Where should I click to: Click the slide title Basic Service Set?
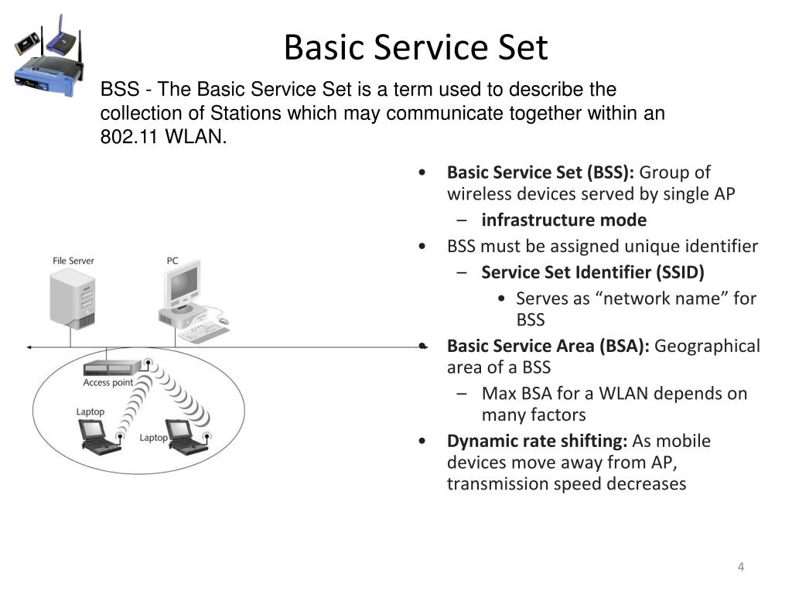pos(415,47)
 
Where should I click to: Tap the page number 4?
pos(740,568)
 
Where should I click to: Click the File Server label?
pos(73,261)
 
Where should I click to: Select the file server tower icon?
pos(73,299)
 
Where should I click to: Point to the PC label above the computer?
pos(172,261)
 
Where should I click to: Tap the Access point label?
pos(108,383)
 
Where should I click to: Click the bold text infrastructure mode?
pos(564,220)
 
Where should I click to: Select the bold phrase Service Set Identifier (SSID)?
pos(592,272)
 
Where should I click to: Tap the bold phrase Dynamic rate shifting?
pos(538,441)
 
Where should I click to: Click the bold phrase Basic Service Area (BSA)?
pos(548,346)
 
